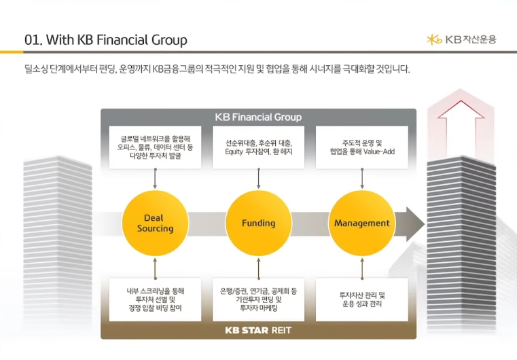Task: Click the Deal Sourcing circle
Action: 155,223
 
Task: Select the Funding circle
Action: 258,223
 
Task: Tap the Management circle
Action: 361,223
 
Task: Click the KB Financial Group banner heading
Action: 258,117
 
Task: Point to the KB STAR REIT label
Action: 258,331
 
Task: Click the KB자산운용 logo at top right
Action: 461,39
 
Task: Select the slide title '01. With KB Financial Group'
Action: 106,40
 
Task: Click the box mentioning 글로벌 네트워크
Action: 155,147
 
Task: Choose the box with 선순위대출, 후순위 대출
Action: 258,147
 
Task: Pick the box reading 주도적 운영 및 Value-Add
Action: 361,147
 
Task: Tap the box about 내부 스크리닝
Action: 155,300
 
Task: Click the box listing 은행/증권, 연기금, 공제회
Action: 258,300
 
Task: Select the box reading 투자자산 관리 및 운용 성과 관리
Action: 361,300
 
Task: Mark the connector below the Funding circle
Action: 258,268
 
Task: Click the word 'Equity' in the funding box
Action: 234,152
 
